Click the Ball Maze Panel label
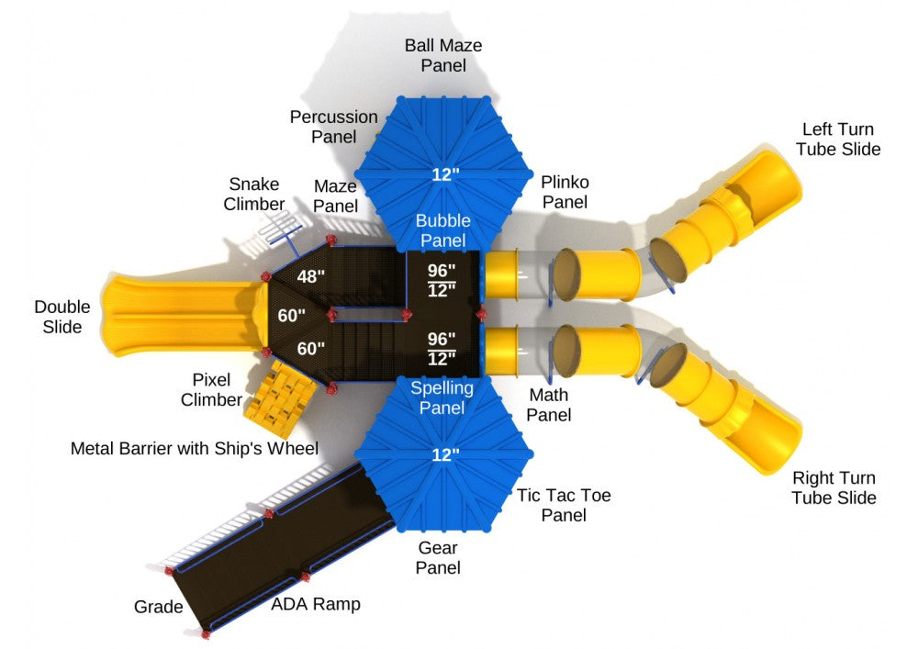coord(443,55)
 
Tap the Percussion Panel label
coord(334,127)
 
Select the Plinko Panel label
coord(565,192)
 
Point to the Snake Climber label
coord(254,194)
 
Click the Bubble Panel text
coord(443,230)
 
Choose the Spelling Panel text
coord(442,397)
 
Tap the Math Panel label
coord(549,405)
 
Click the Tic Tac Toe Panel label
coord(564,505)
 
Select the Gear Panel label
coord(438,558)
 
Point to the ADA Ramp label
coord(316,604)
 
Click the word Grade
coord(158,607)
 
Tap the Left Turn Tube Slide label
coord(838,139)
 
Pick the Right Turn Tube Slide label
coord(834,487)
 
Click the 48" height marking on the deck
coord(310,276)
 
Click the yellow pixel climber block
coord(280,399)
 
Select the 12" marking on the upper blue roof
coord(445,174)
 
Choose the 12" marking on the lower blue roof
coord(445,454)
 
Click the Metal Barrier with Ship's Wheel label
coord(195,448)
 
